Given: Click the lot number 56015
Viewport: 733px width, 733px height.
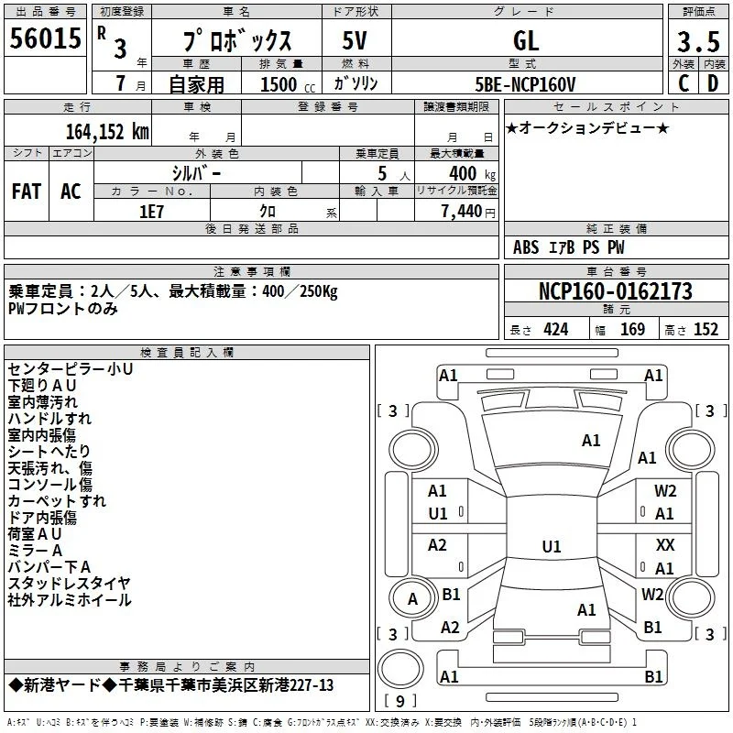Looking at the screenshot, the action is [x=45, y=38].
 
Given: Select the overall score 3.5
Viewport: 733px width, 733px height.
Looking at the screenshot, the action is [x=698, y=41].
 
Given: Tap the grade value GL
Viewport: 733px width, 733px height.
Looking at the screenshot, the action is [x=526, y=40].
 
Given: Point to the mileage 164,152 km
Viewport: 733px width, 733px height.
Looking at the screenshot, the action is [x=107, y=131].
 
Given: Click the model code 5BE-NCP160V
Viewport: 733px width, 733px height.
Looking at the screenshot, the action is [x=525, y=84].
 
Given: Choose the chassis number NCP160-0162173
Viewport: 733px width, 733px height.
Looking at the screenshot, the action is [x=616, y=290].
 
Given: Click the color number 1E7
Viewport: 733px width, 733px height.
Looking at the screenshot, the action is [x=151, y=212].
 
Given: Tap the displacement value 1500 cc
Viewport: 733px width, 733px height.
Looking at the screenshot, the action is [x=288, y=84].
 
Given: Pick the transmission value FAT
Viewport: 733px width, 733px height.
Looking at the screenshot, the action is [x=27, y=191].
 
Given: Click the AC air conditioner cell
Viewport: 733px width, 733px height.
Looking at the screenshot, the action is [x=71, y=191].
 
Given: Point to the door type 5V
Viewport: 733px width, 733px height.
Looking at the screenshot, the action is [x=355, y=40].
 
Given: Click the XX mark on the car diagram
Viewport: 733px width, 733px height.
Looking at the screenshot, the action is [x=665, y=544].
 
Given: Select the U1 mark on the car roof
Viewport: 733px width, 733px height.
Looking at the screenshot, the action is [x=552, y=546].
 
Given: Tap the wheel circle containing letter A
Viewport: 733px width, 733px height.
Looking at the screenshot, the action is [x=412, y=598].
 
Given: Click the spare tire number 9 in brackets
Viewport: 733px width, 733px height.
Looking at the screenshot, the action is [x=400, y=701].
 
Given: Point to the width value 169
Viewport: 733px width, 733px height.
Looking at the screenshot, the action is [x=632, y=329].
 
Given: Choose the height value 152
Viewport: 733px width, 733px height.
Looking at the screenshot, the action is [x=706, y=329].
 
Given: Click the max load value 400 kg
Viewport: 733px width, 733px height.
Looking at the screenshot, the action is [x=472, y=173].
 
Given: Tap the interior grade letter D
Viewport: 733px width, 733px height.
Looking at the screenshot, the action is [x=713, y=83].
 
